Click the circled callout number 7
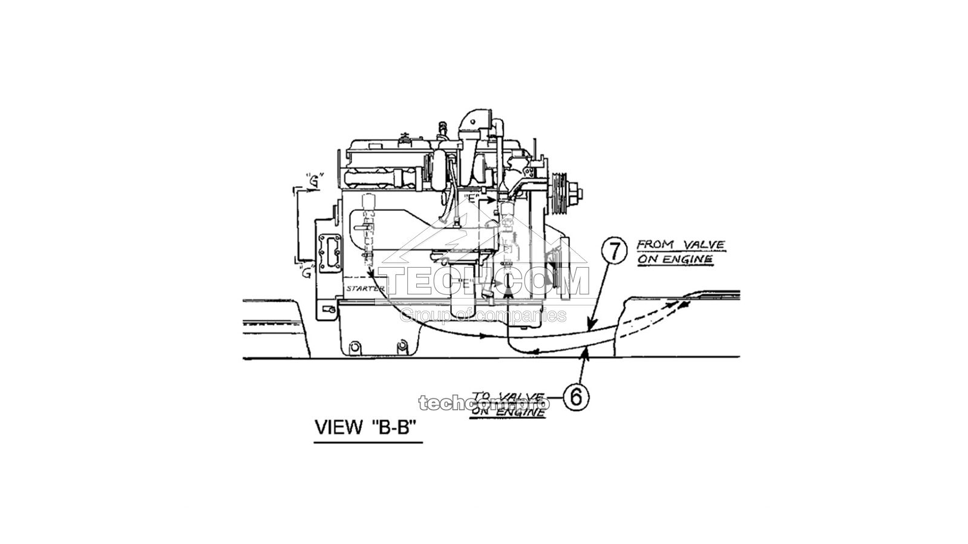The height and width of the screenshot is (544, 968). pos(614,251)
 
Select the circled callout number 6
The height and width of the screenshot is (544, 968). pos(576,397)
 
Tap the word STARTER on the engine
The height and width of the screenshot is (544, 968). pos(365,288)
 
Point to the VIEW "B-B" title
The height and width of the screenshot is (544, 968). pos(367,427)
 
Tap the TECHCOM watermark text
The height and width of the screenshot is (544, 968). pos(485,282)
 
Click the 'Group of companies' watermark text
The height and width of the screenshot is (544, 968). pos(484,315)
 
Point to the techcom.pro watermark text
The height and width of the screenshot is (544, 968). pos(484,403)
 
